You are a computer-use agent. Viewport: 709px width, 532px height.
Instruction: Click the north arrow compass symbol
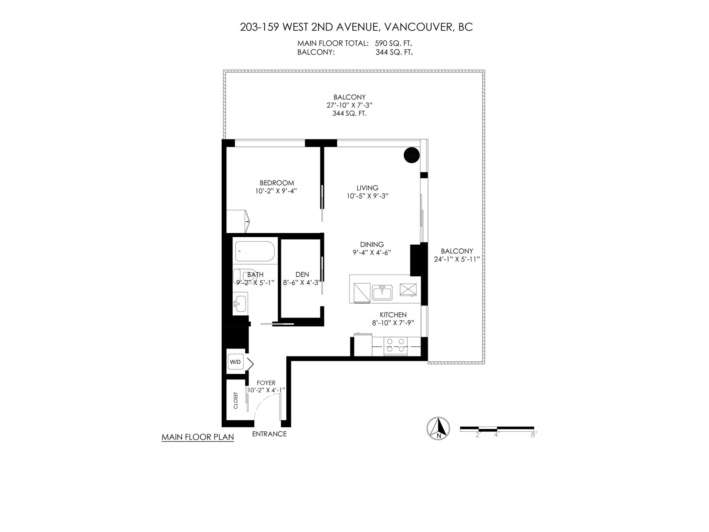pyautogui.click(x=438, y=428)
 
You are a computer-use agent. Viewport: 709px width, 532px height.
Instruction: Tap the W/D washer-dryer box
pyautogui.click(x=235, y=362)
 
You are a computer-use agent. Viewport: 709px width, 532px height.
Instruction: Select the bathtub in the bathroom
pyautogui.click(x=254, y=251)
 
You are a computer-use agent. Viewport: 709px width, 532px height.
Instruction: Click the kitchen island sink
pyautogui.click(x=382, y=292)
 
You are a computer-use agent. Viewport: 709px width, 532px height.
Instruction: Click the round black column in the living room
pyautogui.click(x=412, y=155)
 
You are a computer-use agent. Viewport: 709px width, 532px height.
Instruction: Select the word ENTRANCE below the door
pyautogui.click(x=269, y=434)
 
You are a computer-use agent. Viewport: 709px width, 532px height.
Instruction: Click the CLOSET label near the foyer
pyautogui.click(x=235, y=400)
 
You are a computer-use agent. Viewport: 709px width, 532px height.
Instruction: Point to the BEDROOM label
pyautogui.click(x=277, y=183)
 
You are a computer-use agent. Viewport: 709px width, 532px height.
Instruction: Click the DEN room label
pyautogui.click(x=302, y=274)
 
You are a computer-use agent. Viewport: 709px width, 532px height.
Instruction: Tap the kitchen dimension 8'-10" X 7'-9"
pyautogui.click(x=393, y=323)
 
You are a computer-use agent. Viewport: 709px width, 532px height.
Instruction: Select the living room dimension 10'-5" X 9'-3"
pyautogui.click(x=368, y=196)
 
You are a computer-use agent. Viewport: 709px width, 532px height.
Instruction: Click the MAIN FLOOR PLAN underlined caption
pyautogui.click(x=198, y=438)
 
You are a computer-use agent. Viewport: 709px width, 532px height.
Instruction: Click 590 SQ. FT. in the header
pyautogui.click(x=393, y=43)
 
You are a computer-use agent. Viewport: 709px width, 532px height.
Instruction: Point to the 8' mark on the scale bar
pyautogui.click(x=534, y=435)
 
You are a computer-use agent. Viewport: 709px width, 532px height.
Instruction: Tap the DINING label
pyautogui.click(x=372, y=245)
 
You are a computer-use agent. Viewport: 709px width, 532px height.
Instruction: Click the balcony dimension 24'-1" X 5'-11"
pyautogui.click(x=457, y=259)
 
